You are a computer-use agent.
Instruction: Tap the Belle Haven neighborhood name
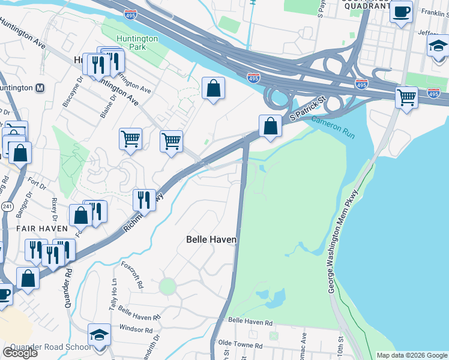pos(211,239)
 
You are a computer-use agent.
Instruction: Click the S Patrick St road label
pos(306,109)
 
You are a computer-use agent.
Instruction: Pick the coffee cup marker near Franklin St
pos(401,11)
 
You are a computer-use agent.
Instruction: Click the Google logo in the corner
pos(20,353)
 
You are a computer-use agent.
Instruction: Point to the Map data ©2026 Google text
pos(412,355)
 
